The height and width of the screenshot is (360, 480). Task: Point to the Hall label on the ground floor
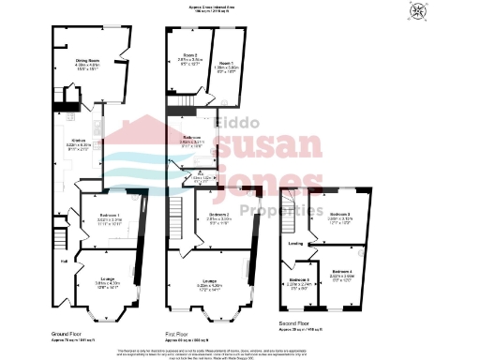pyautogui.click(x=65, y=262)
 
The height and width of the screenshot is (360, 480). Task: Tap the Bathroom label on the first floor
pyautogui.click(x=193, y=137)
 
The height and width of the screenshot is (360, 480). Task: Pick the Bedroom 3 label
pyautogui.click(x=338, y=214)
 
